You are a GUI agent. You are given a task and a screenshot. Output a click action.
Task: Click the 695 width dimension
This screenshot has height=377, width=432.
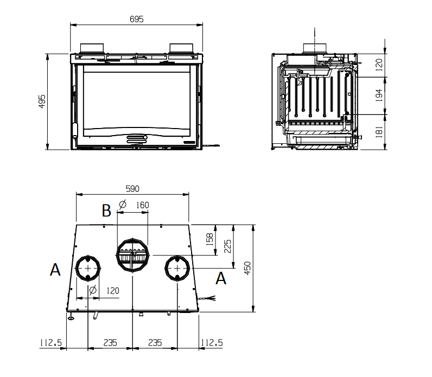(x=137, y=19)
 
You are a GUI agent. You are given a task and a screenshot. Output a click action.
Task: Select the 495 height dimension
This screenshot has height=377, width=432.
(x=42, y=101)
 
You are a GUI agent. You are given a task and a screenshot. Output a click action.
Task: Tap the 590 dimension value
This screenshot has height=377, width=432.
(x=132, y=189)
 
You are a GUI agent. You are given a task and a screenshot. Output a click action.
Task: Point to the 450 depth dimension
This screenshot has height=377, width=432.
(x=247, y=268)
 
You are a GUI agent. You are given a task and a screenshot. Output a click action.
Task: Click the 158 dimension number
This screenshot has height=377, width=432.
(x=210, y=239)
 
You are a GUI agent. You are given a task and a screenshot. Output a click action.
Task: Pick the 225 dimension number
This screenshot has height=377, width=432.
(x=227, y=246)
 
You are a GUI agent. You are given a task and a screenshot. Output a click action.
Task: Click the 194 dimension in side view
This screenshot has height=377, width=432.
(x=379, y=95)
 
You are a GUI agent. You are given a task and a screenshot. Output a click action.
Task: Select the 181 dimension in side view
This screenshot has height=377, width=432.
(x=379, y=132)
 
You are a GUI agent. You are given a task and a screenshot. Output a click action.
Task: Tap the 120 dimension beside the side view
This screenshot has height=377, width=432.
(x=379, y=65)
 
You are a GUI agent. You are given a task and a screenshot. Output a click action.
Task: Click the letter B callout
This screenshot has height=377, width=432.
(x=106, y=210)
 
